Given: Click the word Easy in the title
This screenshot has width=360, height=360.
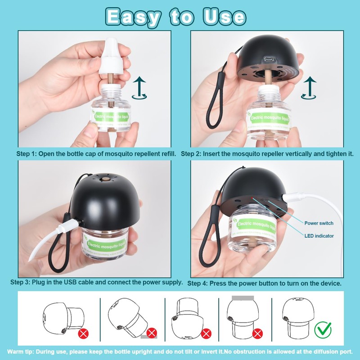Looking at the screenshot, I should click(132, 17).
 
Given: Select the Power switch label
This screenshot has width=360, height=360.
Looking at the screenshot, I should click(319, 223).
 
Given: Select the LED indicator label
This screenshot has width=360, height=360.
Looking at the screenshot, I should click(319, 235).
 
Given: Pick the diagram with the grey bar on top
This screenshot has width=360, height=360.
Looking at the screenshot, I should click(243, 315).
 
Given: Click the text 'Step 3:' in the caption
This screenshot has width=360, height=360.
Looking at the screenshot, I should click(20, 283).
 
